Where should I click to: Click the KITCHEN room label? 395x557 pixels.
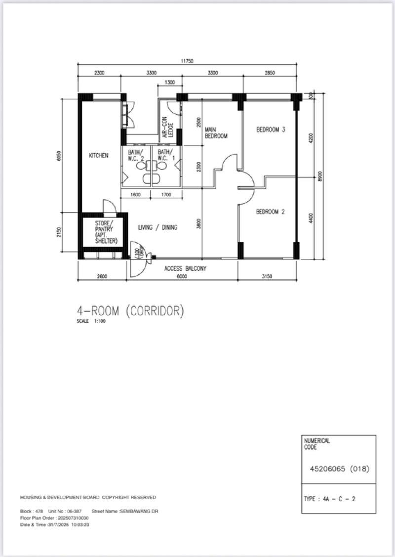98,156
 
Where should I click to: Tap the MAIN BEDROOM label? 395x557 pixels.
216,133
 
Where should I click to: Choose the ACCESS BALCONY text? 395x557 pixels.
185,269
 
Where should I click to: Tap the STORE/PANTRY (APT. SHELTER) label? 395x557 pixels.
106,232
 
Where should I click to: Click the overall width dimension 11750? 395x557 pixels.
187,61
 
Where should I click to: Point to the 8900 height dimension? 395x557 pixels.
320,176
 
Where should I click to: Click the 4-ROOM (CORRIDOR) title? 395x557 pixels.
130,311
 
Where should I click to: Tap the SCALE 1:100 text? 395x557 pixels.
91,321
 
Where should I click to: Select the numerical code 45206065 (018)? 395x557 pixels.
339,468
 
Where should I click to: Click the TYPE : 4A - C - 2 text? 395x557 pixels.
329,499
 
